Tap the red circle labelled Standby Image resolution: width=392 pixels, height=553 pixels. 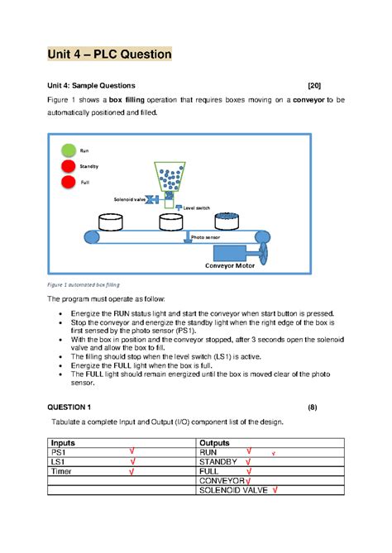click(68, 167)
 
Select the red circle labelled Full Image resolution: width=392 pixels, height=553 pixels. click(68, 182)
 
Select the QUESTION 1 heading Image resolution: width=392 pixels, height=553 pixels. click(74, 408)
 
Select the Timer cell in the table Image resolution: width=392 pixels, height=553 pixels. click(62, 471)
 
